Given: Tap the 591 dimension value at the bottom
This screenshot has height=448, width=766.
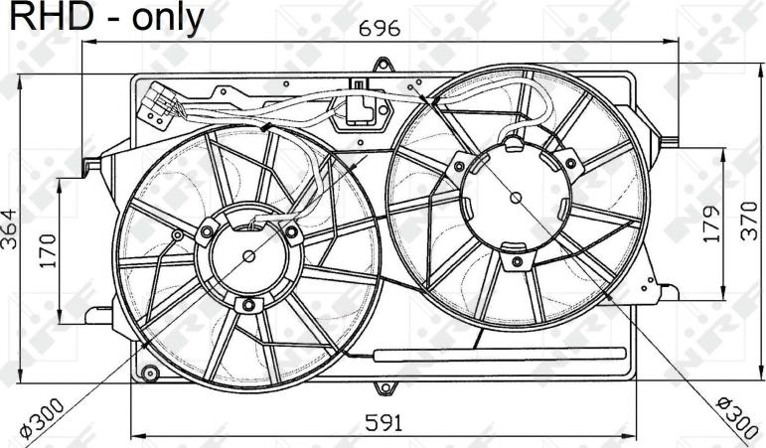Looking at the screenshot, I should (x=382, y=422).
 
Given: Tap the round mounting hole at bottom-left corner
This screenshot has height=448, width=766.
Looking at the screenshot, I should (x=151, y=374).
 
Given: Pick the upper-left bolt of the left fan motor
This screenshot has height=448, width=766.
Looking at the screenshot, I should (x=207, y=231).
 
